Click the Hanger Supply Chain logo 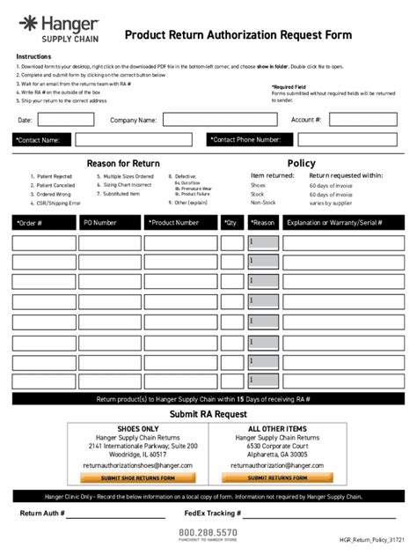click(56, 27)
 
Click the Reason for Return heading click(122, 163)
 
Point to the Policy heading click(301, 163)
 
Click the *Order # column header click(43, 223)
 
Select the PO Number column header click(109, 223)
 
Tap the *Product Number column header click(181, 223)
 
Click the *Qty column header click(233, 223)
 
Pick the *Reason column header click(263, 223)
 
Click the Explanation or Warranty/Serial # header click(342, 223)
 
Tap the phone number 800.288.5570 click(208, 532)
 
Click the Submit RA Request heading click(208, 414)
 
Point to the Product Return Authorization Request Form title click(238, 35)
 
